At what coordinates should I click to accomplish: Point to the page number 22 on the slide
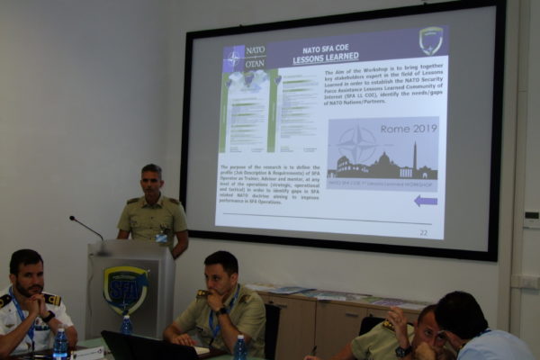[x=423, y=232]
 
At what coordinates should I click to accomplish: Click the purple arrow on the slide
[x=426, y=201]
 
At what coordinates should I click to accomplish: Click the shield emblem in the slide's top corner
[x=431, y=40]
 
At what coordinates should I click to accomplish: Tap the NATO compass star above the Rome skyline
[x=358, y=144]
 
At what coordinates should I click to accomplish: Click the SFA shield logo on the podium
[x=125, y=289]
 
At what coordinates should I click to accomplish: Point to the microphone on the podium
[x=86, y=227]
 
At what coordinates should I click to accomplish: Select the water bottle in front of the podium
[x=127, y=325]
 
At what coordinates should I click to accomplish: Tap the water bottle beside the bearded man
[x=60, y=343]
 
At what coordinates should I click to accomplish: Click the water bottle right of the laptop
[x=240, y=348]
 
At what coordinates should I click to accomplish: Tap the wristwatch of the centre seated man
[x=221, y=310]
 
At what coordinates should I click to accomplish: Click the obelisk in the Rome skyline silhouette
[x=414, y=156]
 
